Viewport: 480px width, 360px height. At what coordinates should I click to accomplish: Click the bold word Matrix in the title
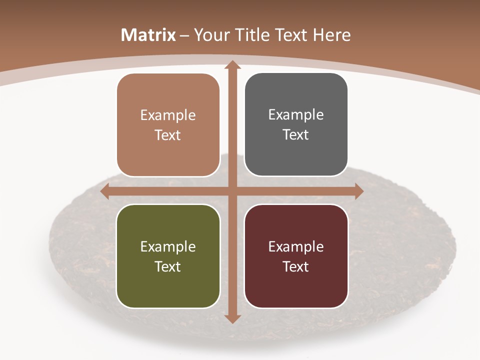(x=148, y=35)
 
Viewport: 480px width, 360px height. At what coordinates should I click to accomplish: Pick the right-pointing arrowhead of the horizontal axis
(x=358, y=191)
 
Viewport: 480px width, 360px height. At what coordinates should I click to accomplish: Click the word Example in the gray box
(x=296, y=115)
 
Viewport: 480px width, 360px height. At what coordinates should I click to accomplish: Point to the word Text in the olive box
(x=168, y=266)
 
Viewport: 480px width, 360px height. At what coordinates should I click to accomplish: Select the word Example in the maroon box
(x=296, y=246)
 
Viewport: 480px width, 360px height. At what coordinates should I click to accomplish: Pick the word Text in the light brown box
(x=168, y=135)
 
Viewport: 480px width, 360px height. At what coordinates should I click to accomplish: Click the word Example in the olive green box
(x=168, y=246)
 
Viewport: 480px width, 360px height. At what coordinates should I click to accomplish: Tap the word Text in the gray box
(x=296, y=134)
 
